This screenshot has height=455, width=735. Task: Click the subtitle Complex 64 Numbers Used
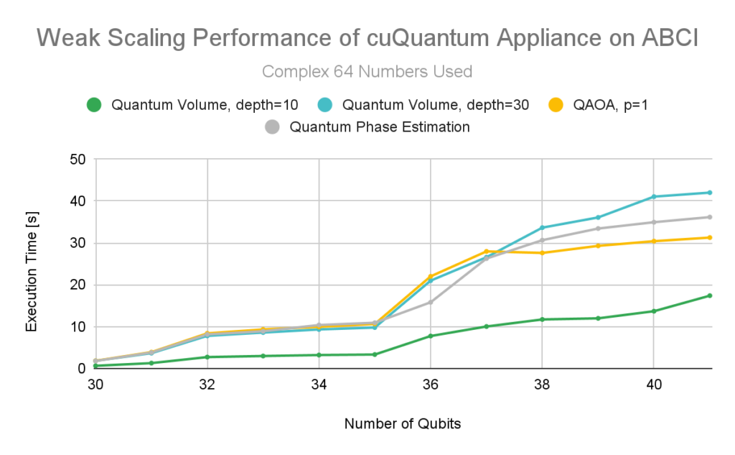pos(367,72)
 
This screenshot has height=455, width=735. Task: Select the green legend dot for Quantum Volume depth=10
pos(93,105)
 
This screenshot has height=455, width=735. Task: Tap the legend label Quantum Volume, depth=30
pos(436,105)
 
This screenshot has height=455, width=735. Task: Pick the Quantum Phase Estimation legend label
pos(379,127)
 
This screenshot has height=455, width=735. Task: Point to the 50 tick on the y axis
pos(78,159)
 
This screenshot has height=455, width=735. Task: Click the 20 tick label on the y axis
pos(78,285)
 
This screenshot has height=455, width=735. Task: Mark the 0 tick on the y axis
pos(83,369)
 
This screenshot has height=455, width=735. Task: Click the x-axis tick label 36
pos(430,385)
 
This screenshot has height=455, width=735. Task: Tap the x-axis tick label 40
pos(653,385)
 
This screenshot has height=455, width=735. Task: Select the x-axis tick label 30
pos(95,385)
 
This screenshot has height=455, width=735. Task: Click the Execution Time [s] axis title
pos(32,264)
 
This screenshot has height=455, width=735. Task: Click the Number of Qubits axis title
pos(402,424)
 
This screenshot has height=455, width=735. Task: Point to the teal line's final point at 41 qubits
pos(709,193)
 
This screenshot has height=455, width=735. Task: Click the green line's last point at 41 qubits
pos(709,295)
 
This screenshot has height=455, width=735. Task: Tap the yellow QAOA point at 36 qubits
pos(430,277)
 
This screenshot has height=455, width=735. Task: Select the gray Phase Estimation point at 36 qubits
pos(430,302)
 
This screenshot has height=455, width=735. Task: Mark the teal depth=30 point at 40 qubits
pos(653,196)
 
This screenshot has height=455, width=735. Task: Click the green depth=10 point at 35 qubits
pos(375,354)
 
